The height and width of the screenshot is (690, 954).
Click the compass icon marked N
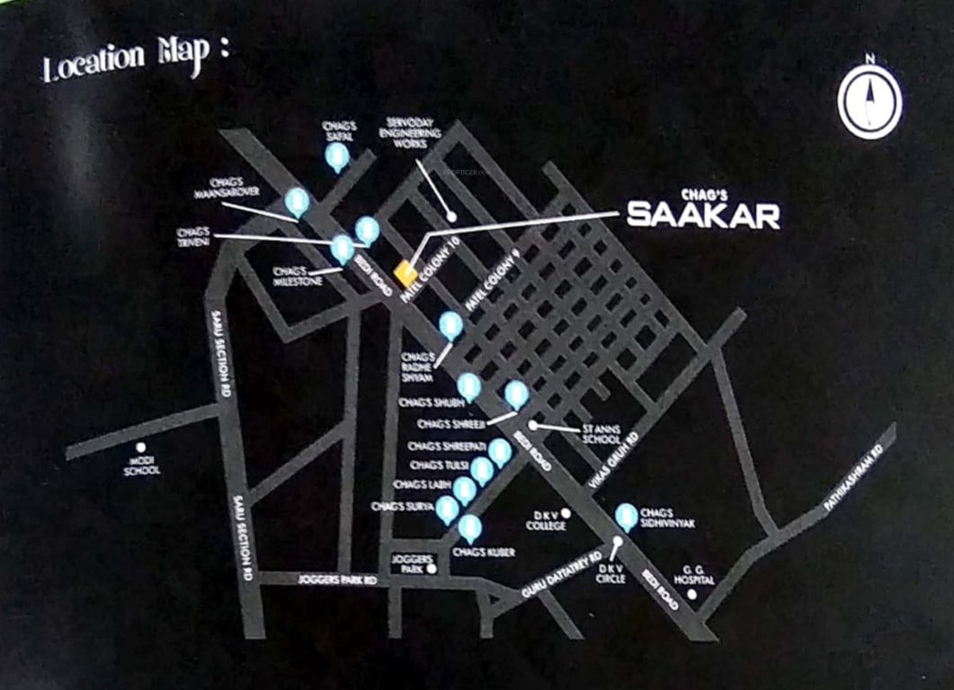(x=869, y=100)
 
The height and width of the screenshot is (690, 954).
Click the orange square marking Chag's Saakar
(x=406, y=270)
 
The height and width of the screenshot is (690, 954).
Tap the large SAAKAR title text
(x=702, y=215)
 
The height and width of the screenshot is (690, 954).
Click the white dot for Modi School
(x=141, y=447)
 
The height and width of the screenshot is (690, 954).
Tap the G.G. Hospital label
(x=697, y=575)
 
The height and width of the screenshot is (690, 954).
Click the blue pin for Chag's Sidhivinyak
(x=627, y=516)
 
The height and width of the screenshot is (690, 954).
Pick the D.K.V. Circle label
(x=611, y=574)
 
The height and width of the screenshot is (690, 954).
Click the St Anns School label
(x=601, y=434)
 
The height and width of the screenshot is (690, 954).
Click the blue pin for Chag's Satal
(x=337, y=157)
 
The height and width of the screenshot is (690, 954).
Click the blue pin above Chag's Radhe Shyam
(x=450, y=325)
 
